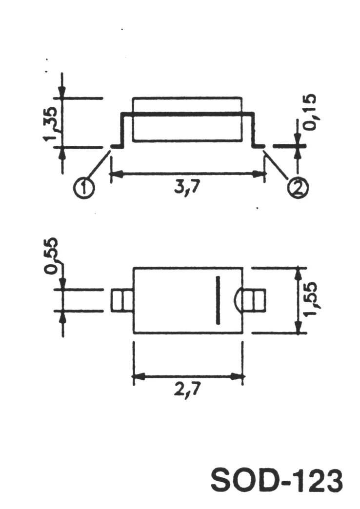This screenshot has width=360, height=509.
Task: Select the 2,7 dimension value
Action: (188, 391)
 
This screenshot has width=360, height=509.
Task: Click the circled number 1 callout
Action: (85, 188)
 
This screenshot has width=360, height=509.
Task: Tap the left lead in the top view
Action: (122, 300)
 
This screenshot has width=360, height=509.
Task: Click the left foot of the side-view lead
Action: (117, 146)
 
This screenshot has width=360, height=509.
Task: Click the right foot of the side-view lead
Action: (259, 146)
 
